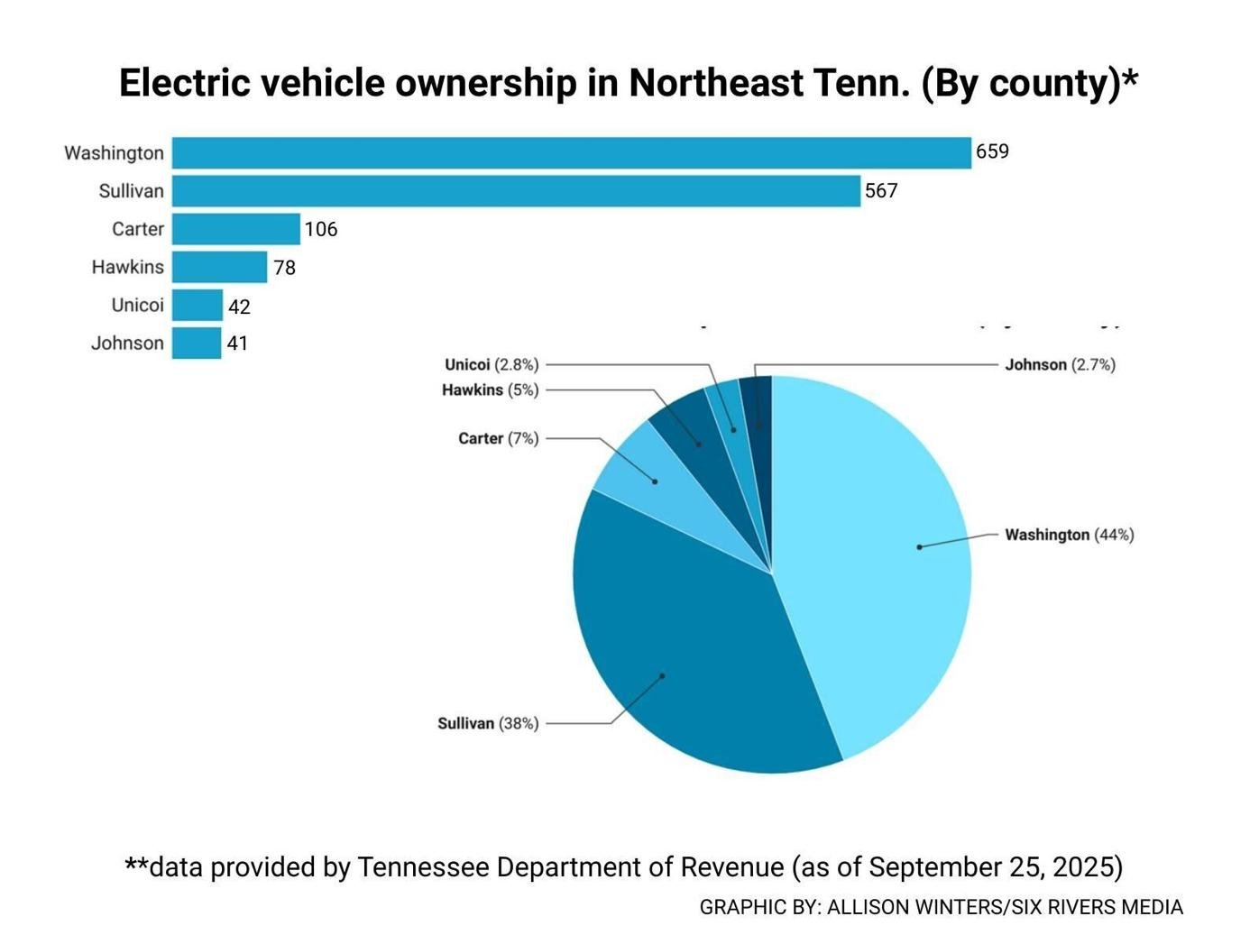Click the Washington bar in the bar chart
pyautogui.click(x=571, y=153)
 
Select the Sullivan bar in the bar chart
pyautogui.click(x=516, y=191)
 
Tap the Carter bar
pyautogui.click(x=235, y=229)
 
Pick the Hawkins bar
pyautogui.click(x=219, y=267)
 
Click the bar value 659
pyautogui.click(x=992, y=151)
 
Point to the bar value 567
pyautogui.click(x=881, y=191)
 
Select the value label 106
pyautogui.click(x=321, y=230)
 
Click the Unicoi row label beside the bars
pyautogui.click(x=137, y=306)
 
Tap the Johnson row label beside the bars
pyautogui.click(x=127, y=344)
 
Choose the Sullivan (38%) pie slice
pyautogui.click(x=685, y=658)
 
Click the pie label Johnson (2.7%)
pyautogui.click(x=1060, y=365)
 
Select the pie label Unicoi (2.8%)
pyautogui.click(x=492, y=365)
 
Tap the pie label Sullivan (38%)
pyautogui.click(x=488, y=724)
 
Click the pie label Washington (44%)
pyautogui.click(x=1070, y=536)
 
